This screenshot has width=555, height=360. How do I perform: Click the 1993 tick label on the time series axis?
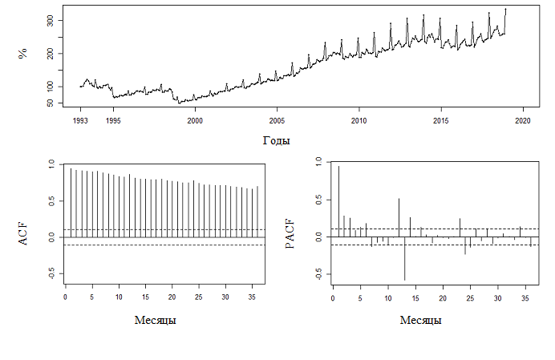click(81, 121)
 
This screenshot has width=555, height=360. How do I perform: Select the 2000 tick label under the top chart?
click(195, 121)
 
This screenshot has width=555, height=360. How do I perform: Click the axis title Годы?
click(276, 140)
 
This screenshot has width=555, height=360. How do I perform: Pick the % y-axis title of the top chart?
click(23, 54)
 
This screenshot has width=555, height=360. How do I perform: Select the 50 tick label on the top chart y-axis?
click(50, 103)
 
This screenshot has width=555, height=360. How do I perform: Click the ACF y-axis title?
click(23, 233)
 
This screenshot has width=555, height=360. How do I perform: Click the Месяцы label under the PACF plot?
click(421, 320)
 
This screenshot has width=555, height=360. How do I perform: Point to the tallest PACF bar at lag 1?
click(338, 200)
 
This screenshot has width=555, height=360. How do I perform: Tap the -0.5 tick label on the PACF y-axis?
click(318, 275)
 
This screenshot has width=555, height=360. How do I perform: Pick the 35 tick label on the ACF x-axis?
click(253, 298)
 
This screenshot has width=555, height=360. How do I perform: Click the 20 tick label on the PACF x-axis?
click(443, 298)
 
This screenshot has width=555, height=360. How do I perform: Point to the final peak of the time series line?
click(505, 10)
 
